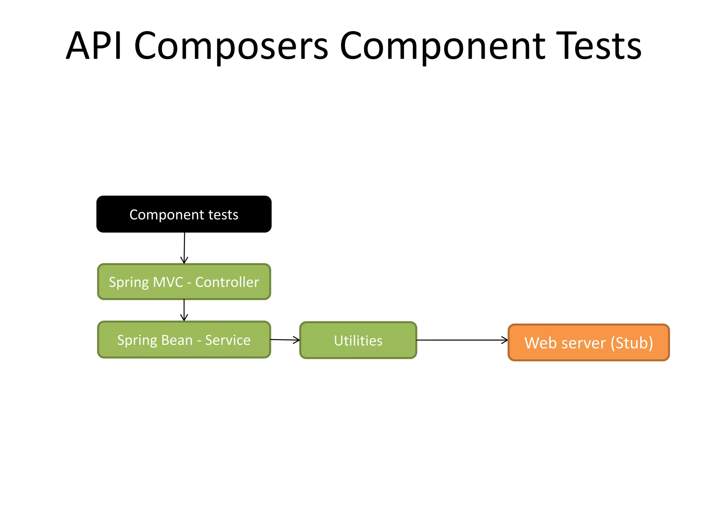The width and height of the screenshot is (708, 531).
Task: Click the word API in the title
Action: [x=94, y=46]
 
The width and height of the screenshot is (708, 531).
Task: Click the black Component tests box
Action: [x=184, y=214]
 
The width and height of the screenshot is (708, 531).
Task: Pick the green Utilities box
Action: [x=358, y=341]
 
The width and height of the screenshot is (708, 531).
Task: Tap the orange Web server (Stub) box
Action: [x=588, y=343]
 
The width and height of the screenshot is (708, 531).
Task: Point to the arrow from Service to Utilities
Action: [x=285, y=340]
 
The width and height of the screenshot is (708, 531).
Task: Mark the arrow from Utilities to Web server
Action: [x=462, y=340]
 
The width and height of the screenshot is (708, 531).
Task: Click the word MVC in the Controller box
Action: [x=168, y=282]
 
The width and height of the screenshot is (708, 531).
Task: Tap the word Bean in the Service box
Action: [x=177, y=340]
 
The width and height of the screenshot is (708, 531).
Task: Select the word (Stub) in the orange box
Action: [x=632, y=343]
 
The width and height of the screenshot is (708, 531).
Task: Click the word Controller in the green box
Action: [x=227, y=282]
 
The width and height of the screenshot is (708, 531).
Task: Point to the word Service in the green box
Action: [x=227, y=340]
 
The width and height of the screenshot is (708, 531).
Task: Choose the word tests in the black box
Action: [x=223, y=215]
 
